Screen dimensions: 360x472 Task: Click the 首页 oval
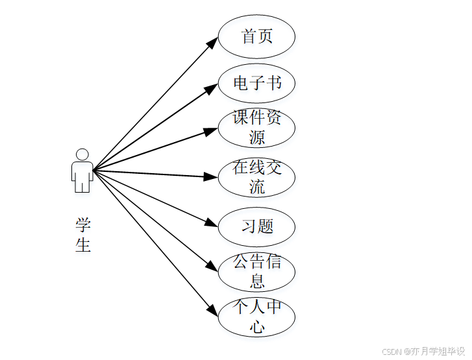pyautogui.click(x=256, y=36)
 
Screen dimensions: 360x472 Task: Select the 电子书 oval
pyautogui.click(x=256, y=83)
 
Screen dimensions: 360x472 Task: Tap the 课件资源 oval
pyautogui.click(x=256, y=128)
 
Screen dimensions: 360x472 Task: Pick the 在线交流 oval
pyautogui.click(x=256, y=177)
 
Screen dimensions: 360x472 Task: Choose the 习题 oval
pyautogui.click(x=256, y=226)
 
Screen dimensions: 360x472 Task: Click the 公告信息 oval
pyautogui.click(x=256, y=271)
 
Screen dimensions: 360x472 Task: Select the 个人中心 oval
pyautogui.click(x=256, y=317)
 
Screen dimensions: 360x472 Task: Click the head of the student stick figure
pyautogui.click(x=82, y=155)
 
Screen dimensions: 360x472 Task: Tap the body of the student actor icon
pyautogui.click(x=82, y=176)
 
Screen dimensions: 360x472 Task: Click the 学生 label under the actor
pyautogui.click(x=82, y=235)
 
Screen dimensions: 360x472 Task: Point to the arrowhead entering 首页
pyautogui.click(x=212, y=42)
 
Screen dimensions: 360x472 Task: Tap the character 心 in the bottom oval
pyautogui.click(x=257, y=326)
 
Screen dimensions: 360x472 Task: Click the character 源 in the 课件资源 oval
pyautogui.click(x=257, y=137)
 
